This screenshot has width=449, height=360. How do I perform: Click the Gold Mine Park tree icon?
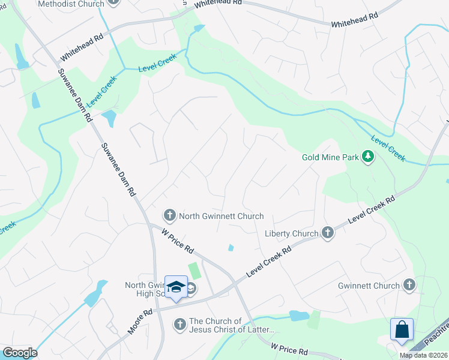368,158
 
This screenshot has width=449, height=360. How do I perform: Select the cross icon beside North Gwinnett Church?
169,215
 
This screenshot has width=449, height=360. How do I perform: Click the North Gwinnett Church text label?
221,216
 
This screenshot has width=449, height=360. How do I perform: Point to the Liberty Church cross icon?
327,233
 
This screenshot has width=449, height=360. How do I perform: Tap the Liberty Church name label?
291,233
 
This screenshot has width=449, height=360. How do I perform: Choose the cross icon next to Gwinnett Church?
409,286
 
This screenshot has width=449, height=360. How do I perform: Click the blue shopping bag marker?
402,329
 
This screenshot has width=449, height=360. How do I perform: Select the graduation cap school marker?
176,287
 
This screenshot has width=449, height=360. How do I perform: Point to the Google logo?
20,353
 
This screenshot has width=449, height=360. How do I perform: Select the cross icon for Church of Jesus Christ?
179,325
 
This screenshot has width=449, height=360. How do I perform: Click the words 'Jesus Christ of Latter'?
232,329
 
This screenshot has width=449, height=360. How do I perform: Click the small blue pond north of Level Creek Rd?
231,248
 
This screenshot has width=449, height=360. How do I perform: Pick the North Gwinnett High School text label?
144,289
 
